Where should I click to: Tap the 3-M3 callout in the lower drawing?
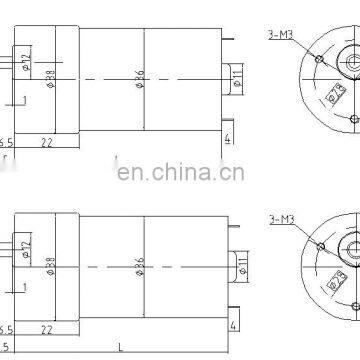[x=283, y=219]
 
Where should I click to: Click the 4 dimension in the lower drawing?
[x=234, y=324]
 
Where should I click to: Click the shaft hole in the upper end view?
[x=353, y=63]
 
